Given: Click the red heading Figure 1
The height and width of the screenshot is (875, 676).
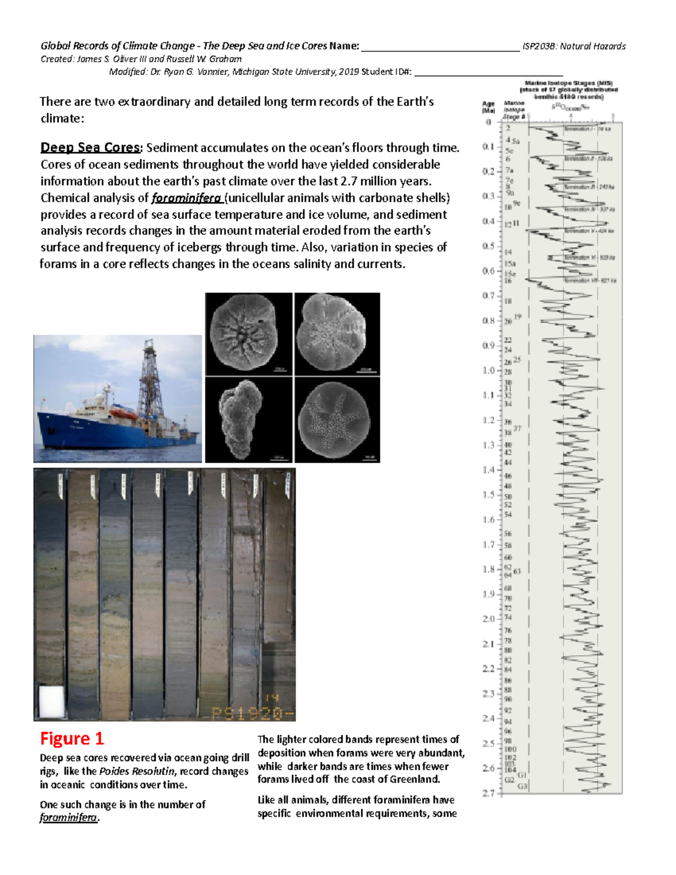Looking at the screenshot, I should (x=72, y=739).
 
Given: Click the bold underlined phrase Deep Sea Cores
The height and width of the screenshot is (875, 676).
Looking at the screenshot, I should (x=90, y=148).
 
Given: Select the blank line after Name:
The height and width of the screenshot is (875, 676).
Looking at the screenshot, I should (x=439, y=47).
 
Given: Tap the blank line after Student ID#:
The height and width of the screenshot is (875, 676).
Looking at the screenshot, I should (x=488, y=72).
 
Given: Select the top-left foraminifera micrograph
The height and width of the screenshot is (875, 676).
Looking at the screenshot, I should (x=248, y=334).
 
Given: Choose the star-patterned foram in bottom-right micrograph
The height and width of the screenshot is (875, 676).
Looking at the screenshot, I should (x=337, y=420).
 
